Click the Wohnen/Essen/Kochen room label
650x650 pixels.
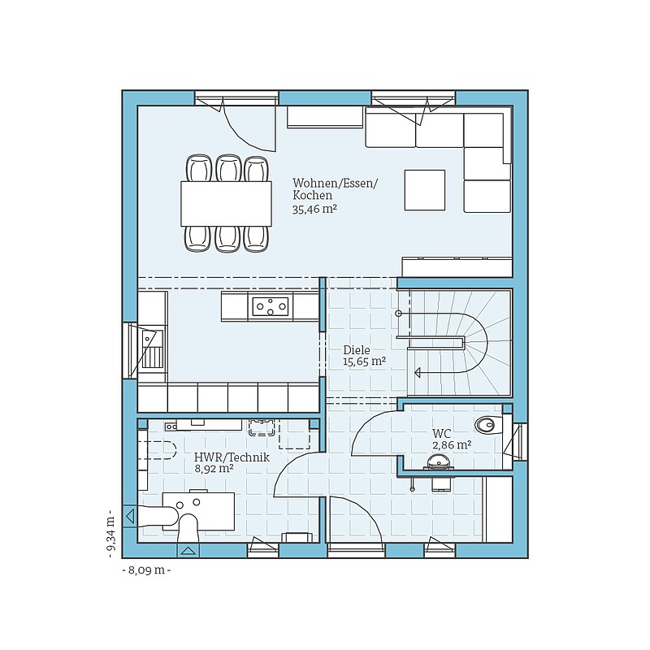tap(335, 189)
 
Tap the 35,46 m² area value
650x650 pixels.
tap(314, 209)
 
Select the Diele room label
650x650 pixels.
tap(357, 350)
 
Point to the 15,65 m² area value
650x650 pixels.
tap(364, 362)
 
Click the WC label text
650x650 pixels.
tap(441, 434)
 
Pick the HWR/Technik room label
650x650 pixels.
tap(232, 457)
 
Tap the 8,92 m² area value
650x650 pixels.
tap(214, 469)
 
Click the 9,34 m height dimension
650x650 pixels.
tap(110, 533)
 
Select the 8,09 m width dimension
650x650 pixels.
tap(147, 570)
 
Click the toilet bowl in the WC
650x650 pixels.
tap(485, 424)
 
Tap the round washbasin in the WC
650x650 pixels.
tap(438, 461)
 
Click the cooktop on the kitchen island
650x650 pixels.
tap(271, 306)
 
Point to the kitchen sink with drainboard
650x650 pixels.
tap(152, 349)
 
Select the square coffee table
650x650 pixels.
tap(425, 190)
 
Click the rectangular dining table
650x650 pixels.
tap(226, 204)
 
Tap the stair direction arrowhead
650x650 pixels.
tap(418, 373)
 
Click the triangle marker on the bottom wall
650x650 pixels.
tap(188, 551)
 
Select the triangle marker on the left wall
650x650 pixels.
tap(130, 516)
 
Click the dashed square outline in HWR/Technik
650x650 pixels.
tap(294, 434)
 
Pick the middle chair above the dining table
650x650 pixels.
tap(228, 168)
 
